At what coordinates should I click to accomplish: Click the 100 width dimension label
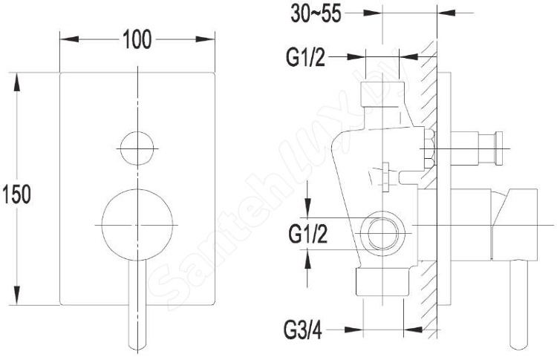[137, 39]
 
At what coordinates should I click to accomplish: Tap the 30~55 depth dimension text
[316, 14]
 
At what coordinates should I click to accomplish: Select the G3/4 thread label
[303, 330]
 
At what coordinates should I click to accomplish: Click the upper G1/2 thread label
[305, 57]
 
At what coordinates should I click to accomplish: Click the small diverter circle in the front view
[137, 148]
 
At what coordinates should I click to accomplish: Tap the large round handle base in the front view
[137, 225]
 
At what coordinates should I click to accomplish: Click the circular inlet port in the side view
[382, 234]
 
